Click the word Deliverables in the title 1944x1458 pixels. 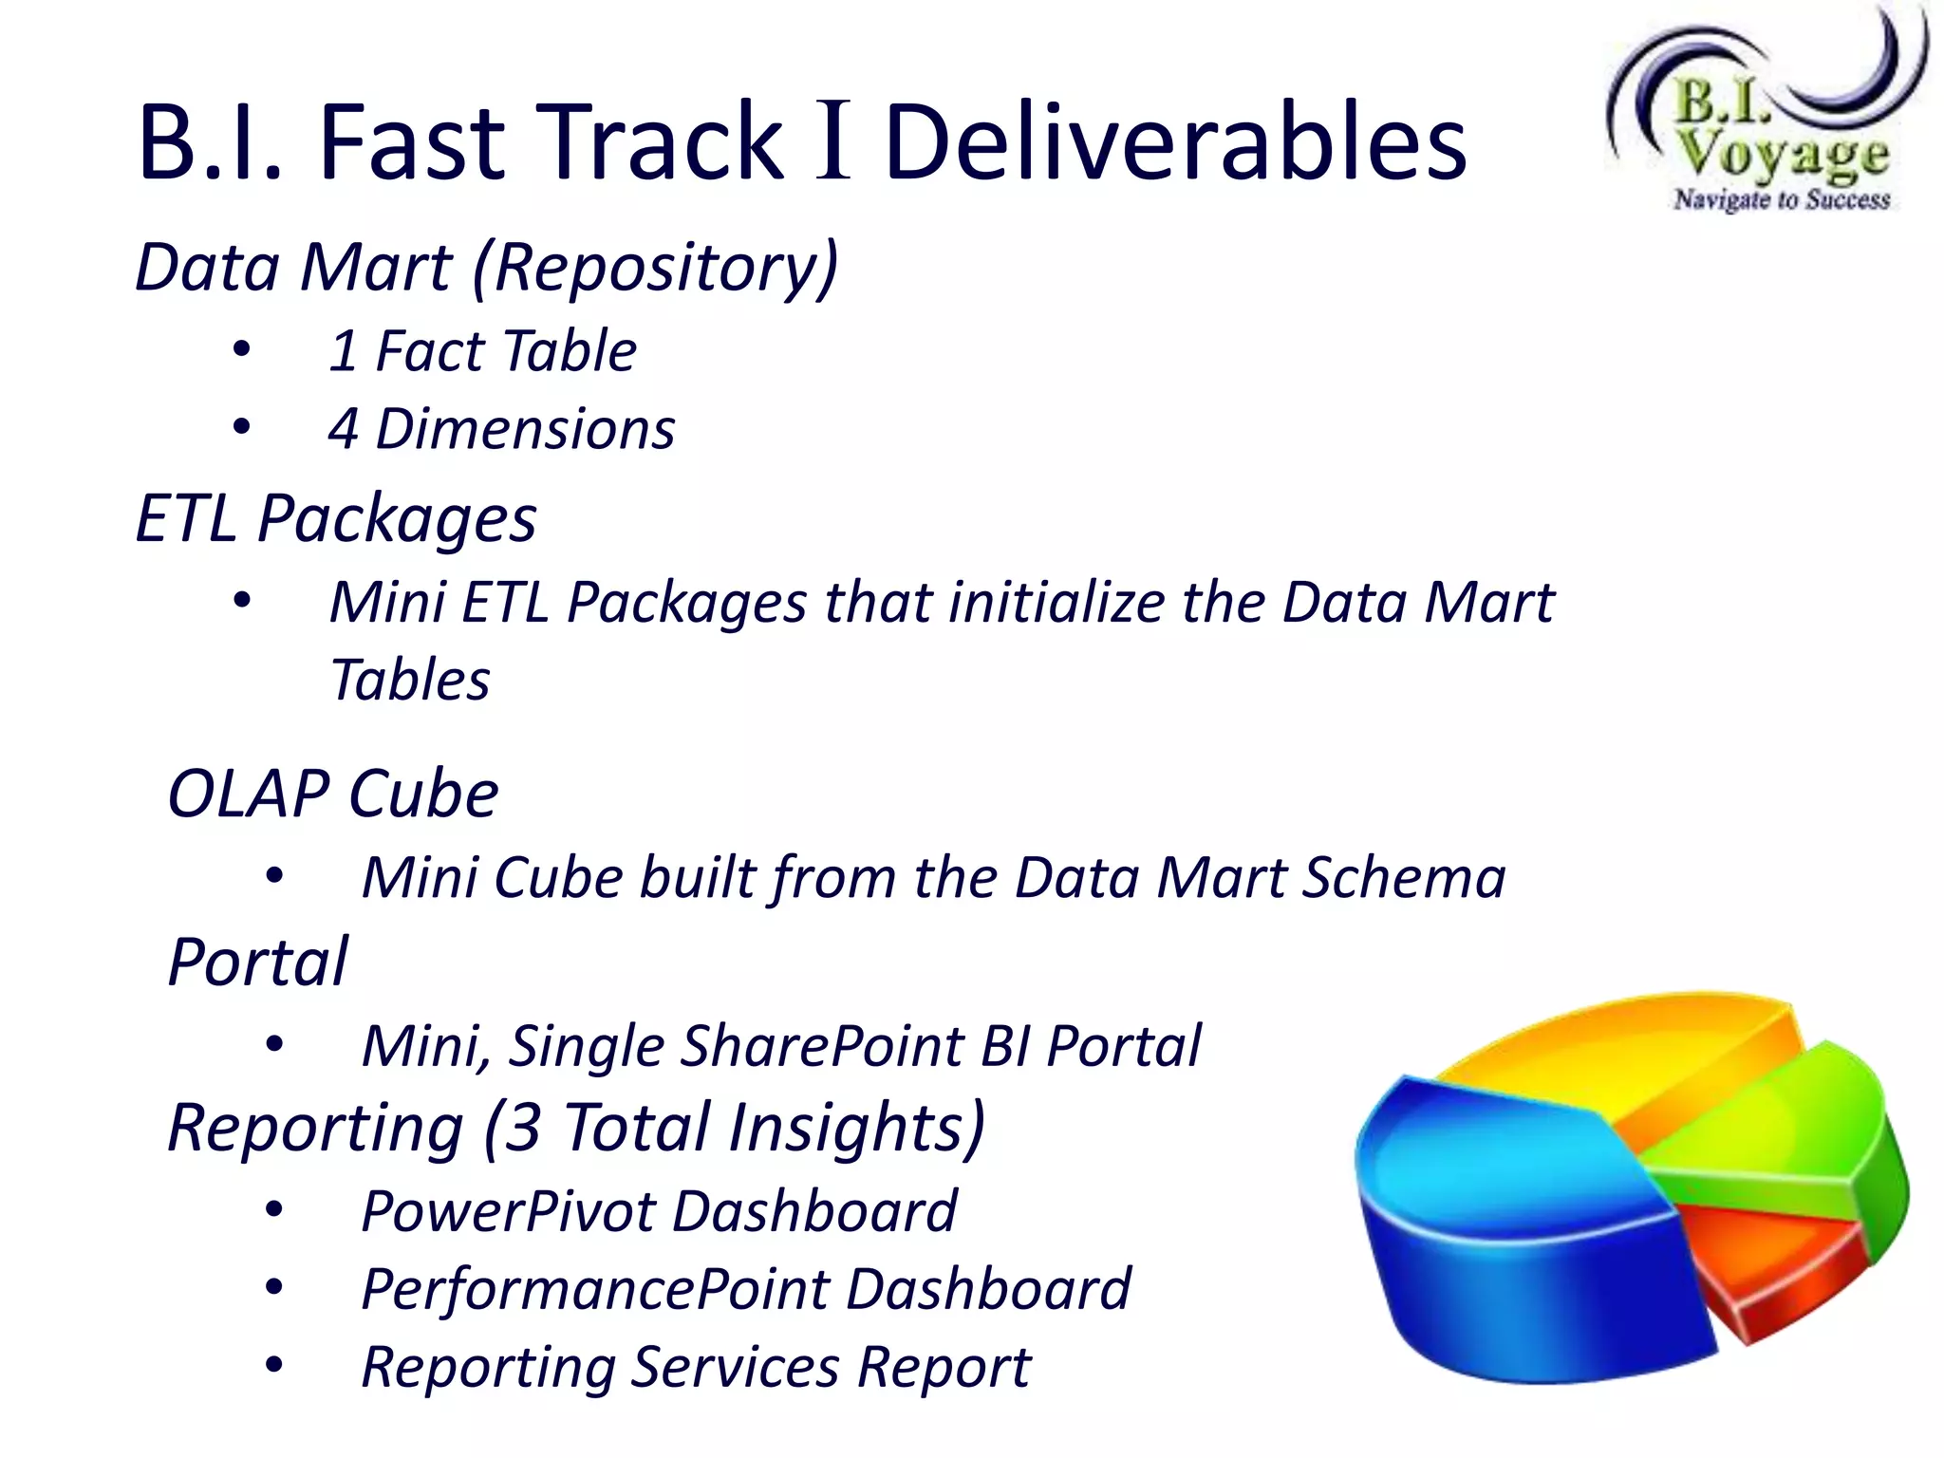pos(1175,142)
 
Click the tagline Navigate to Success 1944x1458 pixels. pos(1782,199)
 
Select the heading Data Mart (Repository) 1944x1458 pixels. pos(487,268)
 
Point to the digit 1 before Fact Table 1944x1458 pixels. pos(343,351)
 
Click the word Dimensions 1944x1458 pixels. pos(525,429)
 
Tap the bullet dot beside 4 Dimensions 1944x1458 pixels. pos(242,428)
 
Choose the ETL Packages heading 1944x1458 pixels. pos(336,519)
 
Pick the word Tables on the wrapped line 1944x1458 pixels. pos(410,681)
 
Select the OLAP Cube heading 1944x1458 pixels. pos(332,794)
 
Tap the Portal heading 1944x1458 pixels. pos(258,963)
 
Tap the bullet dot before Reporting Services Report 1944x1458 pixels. pos(274,1366)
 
